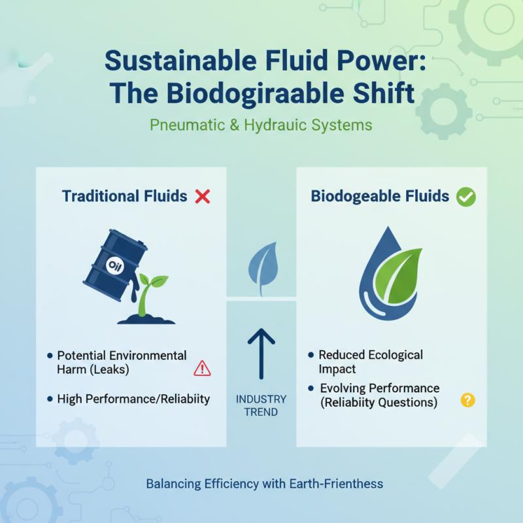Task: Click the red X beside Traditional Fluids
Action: click(x=203, y=196)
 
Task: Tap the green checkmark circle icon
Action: click(x=465, y=197)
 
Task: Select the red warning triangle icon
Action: click(x=202, y=369)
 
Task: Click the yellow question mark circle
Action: click(x=467, y=400)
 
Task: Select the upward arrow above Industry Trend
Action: click(x=261, y=353)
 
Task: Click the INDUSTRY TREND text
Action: click(x=261, y=405)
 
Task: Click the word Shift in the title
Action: click(x=385, y=93)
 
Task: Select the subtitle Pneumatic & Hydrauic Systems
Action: click(x=261, y=124)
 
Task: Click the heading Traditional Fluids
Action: click(x=124, y=196)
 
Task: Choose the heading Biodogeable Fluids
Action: click(x=380, y=196)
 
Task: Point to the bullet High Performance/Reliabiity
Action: click(x=133, y=399)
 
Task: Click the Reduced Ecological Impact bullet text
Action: click(x=371, y=362)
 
